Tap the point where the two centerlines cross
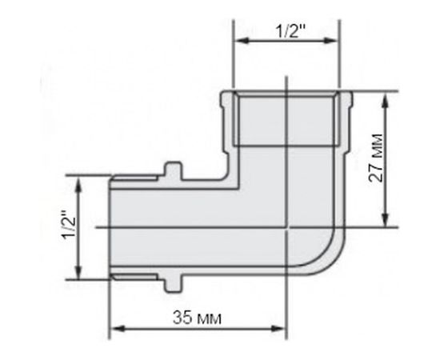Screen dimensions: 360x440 286,228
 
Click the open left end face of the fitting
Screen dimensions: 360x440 110,228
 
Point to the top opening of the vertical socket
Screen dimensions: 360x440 286,93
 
